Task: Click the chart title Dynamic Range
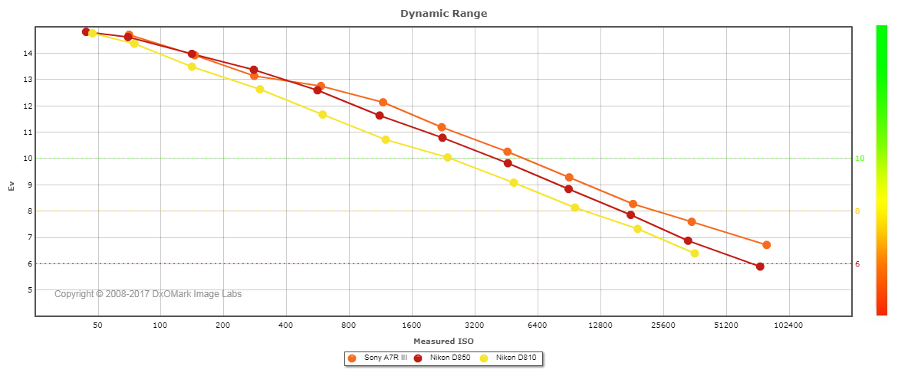point(443,14)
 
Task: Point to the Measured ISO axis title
point(443,341)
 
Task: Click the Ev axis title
point(11,185)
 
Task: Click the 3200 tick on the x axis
point(475,325)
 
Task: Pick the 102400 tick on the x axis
point(788,325)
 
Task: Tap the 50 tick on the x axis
point(97,325)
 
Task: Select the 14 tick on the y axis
point(27,54)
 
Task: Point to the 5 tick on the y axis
point(29,290)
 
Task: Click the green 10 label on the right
point(860,159)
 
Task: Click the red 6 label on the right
point(857,264)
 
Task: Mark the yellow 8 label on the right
point(857,211)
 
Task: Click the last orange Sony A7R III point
point(766,245)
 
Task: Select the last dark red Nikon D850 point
point(760,266)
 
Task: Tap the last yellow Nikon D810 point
point(695,253)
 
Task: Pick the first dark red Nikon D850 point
point(86,32)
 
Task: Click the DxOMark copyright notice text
point(148,294)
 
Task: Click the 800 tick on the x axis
point(349,325)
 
